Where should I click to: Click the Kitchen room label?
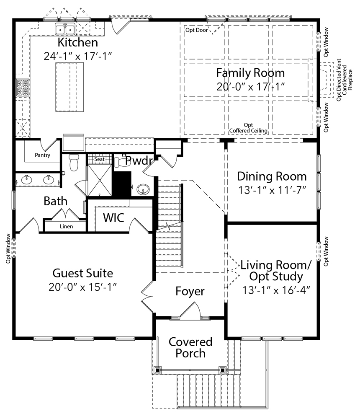pyautogui.click(x=78, y=42)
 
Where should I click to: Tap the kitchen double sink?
pyautogui.click(x=65, y=29)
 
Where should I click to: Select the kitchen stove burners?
pyautogui.click(x=23, y=88)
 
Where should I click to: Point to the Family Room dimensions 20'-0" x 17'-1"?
pyautogui.click(x=250, y=87)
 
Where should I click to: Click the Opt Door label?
pyautogui.click(x=197, y=30)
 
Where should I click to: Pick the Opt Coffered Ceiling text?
pyautogui.click(x=248, y=128)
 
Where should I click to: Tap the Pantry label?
pyautogui.click(x=42, y=155)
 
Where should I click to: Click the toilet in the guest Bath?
pyautogui.click(x=73, y=162)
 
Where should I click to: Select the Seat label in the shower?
pyautogui.click(x=99, y=159)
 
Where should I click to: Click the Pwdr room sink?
pyautogui.click(x=143, y=189)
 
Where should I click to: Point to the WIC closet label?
pyautogui.click(x=113, y=218)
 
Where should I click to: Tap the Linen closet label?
pyautogui.click(x=66, y=227)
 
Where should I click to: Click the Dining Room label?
pyautogui.click(x=272, y=176)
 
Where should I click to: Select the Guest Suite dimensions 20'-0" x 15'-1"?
pyautogui.click(x=83, y=287)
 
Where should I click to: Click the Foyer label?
pyautogui.click(x=190, y=291)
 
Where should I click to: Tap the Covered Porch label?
pyautogui.click(x=190, y=347)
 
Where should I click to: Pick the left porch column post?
pyautogui.click(x=158, y=370)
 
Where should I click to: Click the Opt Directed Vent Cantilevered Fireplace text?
pyautogui.click(x=345, y=80)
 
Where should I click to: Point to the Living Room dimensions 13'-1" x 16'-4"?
pyautogui.click(x=276, y=290)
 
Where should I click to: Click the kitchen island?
pyautogui.click(x=70, y=87)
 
